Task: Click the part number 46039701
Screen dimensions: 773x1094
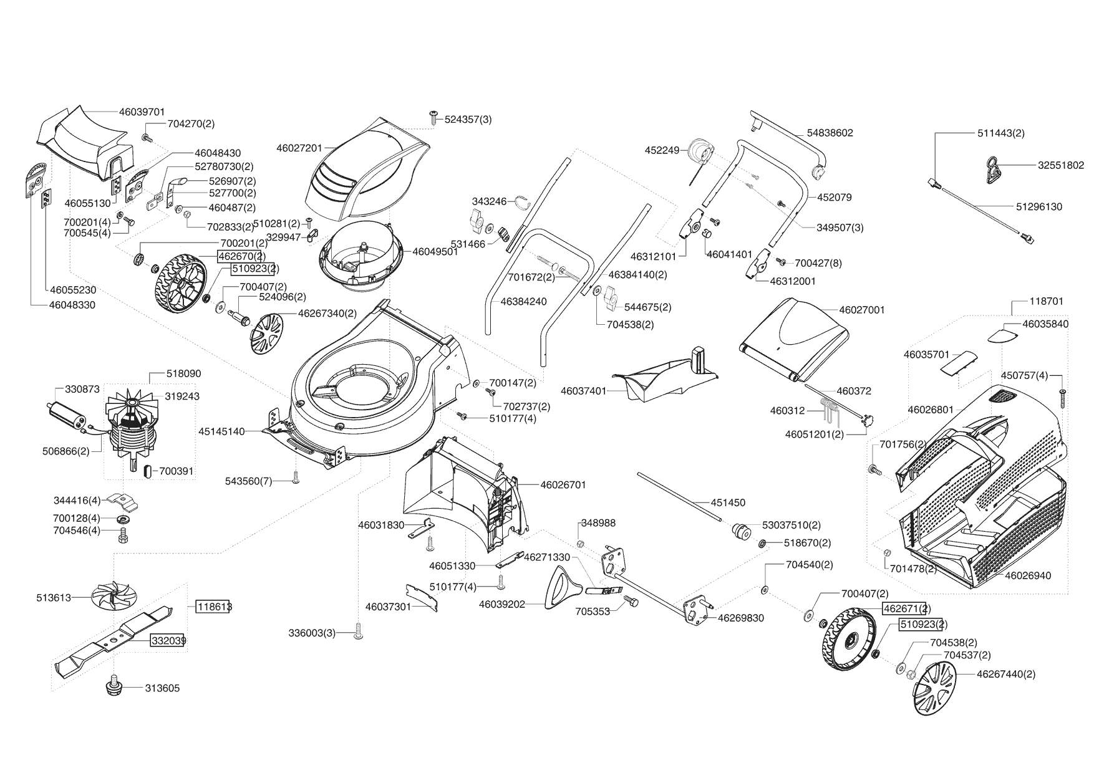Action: (x=142, y=112)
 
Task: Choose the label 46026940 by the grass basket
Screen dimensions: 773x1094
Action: (x=1028, y=575)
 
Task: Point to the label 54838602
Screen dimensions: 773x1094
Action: (x=830, y=133)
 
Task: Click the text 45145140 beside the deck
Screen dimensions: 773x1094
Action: (x=222, y=431)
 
